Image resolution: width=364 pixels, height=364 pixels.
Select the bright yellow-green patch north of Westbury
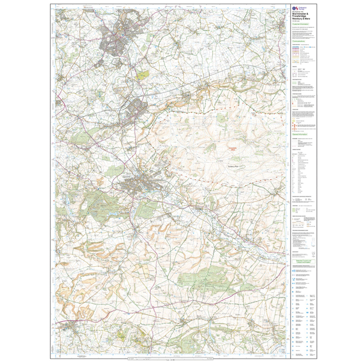coord(142,75)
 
